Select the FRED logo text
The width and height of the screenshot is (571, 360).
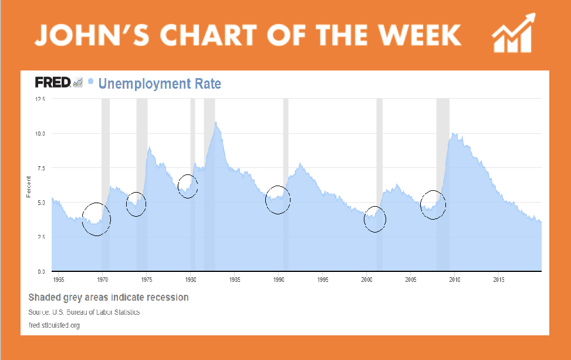tap(53, 83)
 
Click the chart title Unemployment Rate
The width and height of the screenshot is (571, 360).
tap(160, 84)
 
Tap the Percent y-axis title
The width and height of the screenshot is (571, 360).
tap(29, 185)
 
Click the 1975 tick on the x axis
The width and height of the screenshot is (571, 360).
tap(146, 279)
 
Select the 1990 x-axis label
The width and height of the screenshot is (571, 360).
tap(278, 279)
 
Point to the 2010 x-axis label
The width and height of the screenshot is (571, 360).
tap(454, 279)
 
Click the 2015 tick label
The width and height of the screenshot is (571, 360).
tap(498, 279)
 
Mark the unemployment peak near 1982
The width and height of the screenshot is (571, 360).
tap(216, 123)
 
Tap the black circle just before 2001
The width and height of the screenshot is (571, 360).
tap(375, 219)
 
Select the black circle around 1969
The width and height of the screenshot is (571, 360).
tap(96, 219)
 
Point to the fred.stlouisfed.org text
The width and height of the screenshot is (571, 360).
tap(54, 325)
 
